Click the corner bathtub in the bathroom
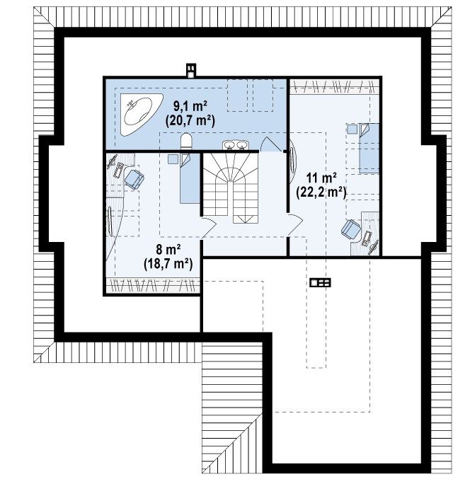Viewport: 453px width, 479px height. (139, 113)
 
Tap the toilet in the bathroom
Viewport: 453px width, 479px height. (186, 142)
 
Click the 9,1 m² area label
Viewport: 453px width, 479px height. (190, 106)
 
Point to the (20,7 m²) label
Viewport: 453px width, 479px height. (190, 121)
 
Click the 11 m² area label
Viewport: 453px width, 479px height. (321, 177)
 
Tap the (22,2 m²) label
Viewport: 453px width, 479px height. (321, 192)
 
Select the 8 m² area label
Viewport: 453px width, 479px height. (168, 249)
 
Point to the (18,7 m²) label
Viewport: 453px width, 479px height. (168, 264)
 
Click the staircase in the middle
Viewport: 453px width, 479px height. (231, 187)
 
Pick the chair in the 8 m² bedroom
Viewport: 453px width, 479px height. (134, 179)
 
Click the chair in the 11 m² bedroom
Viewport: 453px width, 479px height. (351, 229)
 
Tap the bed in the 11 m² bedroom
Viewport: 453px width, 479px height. (369, 148)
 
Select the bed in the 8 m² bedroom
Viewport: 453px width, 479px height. (190, 178)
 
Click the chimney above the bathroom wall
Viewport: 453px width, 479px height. (191, 71)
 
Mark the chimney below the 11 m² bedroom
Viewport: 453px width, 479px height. (321, 282)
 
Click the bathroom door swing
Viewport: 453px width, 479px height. (271, 144)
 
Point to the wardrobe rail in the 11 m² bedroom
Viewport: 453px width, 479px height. (334, 86)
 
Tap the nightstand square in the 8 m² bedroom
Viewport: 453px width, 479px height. (173, 159)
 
